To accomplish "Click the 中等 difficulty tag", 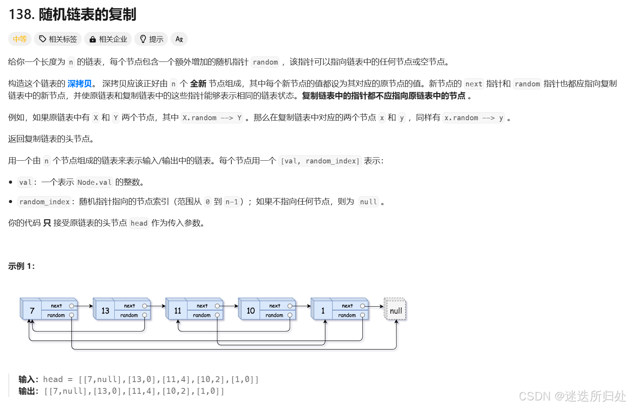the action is [19, 39].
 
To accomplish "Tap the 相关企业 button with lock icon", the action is [108, 39].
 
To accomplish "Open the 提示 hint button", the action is [151, 39].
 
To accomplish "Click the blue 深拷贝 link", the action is [80, 84].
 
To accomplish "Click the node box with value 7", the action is [32, 311].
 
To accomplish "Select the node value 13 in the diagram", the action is [105, 311].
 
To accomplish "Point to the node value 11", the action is [177, 311].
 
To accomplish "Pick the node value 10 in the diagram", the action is [250, 311].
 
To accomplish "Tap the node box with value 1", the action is [323, 311].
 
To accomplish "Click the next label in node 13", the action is [129, 306].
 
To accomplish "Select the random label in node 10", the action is [274, 316].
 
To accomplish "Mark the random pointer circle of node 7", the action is [72, 315].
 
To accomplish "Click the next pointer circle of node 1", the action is [362, 306].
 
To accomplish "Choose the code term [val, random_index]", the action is [320, 161].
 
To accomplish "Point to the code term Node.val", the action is [94, 182].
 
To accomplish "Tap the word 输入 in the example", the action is [27, 379].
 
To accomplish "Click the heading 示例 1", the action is [21, 266].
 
